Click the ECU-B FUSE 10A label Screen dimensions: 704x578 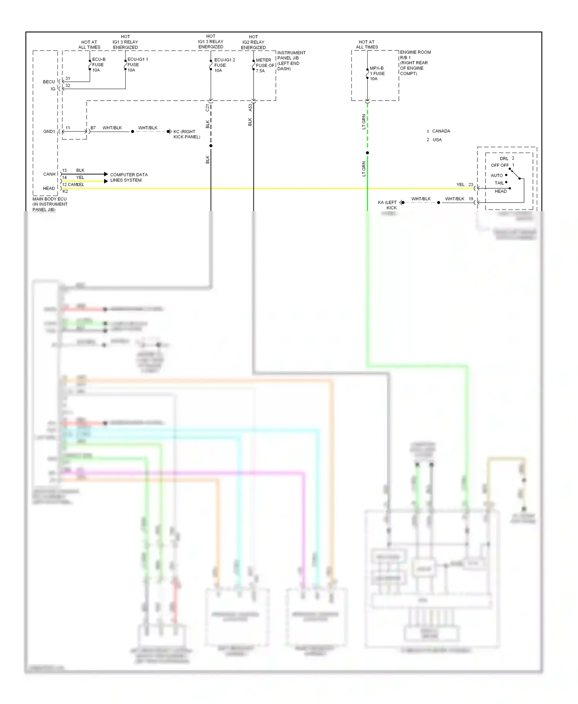pyautogui.click(x=98, y=65)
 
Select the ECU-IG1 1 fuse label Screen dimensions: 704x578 pyautogui.click(x=137, y=65)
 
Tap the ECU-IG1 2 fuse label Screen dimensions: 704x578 pyautogui.click(x=224, y=65)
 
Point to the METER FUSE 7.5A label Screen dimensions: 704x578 pyautogui.click(x=265, y=65)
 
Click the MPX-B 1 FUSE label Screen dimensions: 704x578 pyautogui.click(x=377, y=73)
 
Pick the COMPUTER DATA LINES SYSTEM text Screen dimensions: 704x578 pyautogui.click(x=129, y=177)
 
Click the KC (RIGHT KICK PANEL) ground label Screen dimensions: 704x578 pyautogui.click(x=187, y=134)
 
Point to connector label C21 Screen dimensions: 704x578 pyautogui.click(x=207, y=108)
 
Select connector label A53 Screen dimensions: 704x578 pyautogui.click(x=250, y=107)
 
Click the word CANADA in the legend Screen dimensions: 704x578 pyautogui.click(x=441, y=131)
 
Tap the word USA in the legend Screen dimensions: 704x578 pyautogui.click(x=437, y=140)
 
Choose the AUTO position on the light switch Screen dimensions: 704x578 pyautogui.click(x=497, y=175)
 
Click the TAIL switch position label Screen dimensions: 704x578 pyautogui.click(x=499, y=183)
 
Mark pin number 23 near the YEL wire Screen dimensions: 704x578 pyautogui.click(x=470, y=184)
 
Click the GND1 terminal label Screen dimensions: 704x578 pyautogui.click(x=49, y=131)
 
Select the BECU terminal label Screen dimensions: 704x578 pyautogui.click(x=49, y=82)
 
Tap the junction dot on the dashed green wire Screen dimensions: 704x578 pyautogui.click(x=367, y=153)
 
